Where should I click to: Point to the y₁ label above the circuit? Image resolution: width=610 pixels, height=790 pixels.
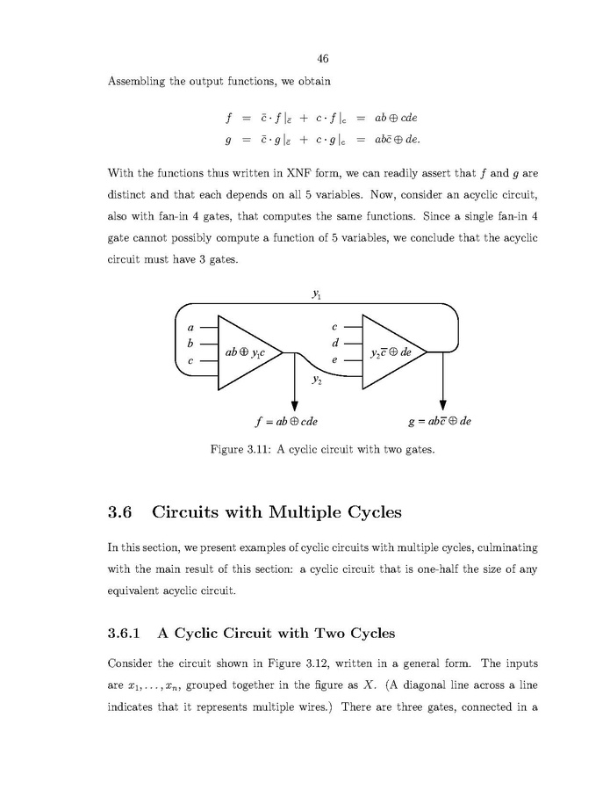[x=316, y=295]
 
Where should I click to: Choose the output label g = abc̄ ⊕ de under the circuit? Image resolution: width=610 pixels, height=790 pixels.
[x=440, y=421]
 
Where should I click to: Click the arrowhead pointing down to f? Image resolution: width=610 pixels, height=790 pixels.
[x=294, y=405]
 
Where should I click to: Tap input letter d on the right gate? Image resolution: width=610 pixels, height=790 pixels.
[x=334, y=342]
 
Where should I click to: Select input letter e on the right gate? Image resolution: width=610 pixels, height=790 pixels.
[x=334, y=360]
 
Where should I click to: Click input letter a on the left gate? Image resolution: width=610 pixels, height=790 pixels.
[x=190, y=326]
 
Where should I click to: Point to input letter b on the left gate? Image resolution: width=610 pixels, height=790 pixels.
[x=190, y=343]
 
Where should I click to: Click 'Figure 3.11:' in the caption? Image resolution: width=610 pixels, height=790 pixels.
[x=241, y=450]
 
